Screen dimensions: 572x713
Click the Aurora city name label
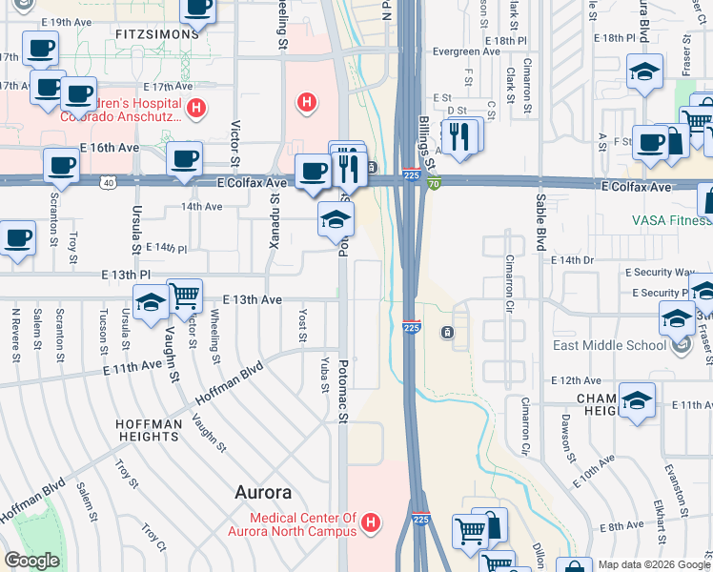click(263, 493)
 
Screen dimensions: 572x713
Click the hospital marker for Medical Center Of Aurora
click(372, 522)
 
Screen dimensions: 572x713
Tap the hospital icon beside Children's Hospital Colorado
click(195, 109)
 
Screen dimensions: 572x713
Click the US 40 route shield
click(109, 182)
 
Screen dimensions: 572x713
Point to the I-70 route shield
click(434, 183)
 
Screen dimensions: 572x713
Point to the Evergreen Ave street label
click(466, 52)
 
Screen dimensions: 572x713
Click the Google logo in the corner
click(31, 561)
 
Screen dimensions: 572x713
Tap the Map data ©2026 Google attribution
click(653, 564)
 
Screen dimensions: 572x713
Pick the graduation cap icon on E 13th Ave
click(151, 303)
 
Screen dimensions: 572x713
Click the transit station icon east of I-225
click(446, 332)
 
